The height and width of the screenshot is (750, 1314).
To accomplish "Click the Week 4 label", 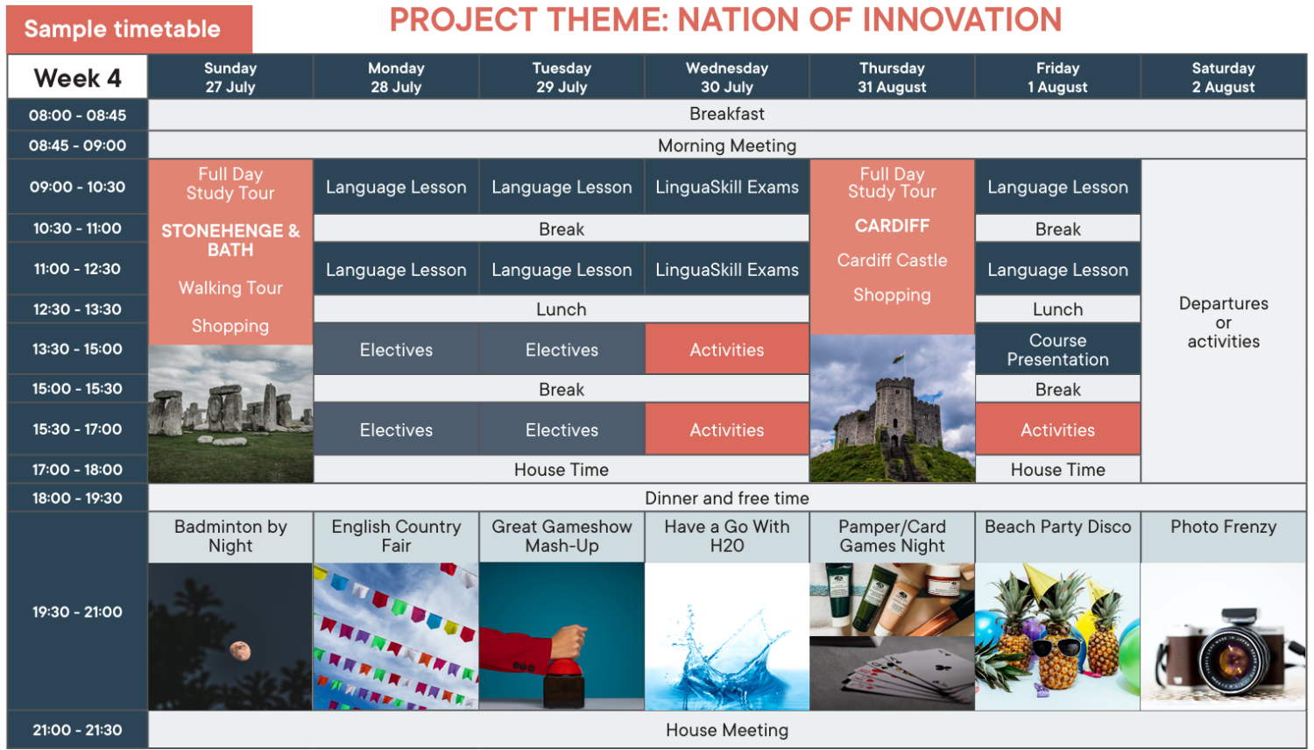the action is click(x=77, y=78).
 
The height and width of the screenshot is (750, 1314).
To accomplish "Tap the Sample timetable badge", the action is click(x=129, y=29).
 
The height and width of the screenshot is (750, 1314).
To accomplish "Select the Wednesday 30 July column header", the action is click(x=727, y=77).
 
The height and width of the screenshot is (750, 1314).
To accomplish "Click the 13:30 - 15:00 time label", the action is click(x=77, y=350).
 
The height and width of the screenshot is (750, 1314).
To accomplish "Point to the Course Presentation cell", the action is click(x=1057, y=350).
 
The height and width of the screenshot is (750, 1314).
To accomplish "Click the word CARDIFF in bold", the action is click(x=892, y=225).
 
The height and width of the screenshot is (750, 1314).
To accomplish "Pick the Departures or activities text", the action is click(x=1223, y=322).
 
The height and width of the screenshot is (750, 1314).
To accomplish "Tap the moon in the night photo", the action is click(x=239, y=650).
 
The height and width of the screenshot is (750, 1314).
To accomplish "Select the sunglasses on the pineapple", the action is click(x=1056, y=647).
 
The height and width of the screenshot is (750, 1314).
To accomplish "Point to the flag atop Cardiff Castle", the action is click(x=898, y=357).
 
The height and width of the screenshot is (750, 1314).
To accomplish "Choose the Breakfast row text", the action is click(x=727, y=114).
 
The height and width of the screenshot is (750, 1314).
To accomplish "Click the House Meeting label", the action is click(x=727, y=730).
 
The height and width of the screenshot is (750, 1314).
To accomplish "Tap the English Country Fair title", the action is click(x=396, y=536).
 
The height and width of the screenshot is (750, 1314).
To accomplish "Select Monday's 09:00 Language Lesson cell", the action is click(x=396, y=187).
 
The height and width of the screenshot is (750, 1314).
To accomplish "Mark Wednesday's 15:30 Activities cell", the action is click(x=727, y=429).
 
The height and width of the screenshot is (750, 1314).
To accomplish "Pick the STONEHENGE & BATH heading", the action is click(x=230, y=240).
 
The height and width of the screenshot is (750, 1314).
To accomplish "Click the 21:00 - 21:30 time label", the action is click(x=77, y=730).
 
